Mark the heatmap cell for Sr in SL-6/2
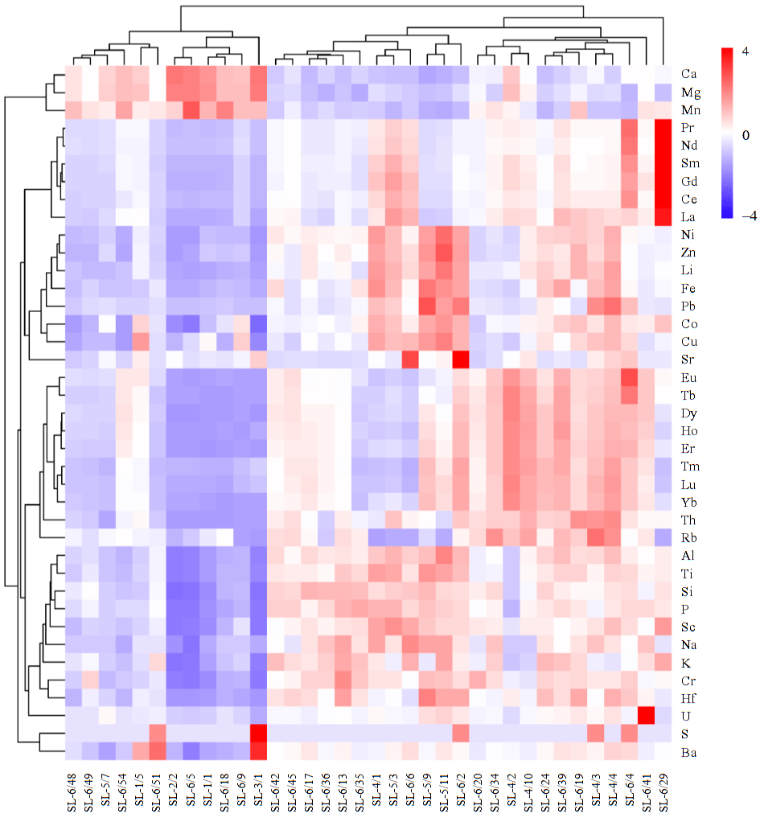pos(460,359)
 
